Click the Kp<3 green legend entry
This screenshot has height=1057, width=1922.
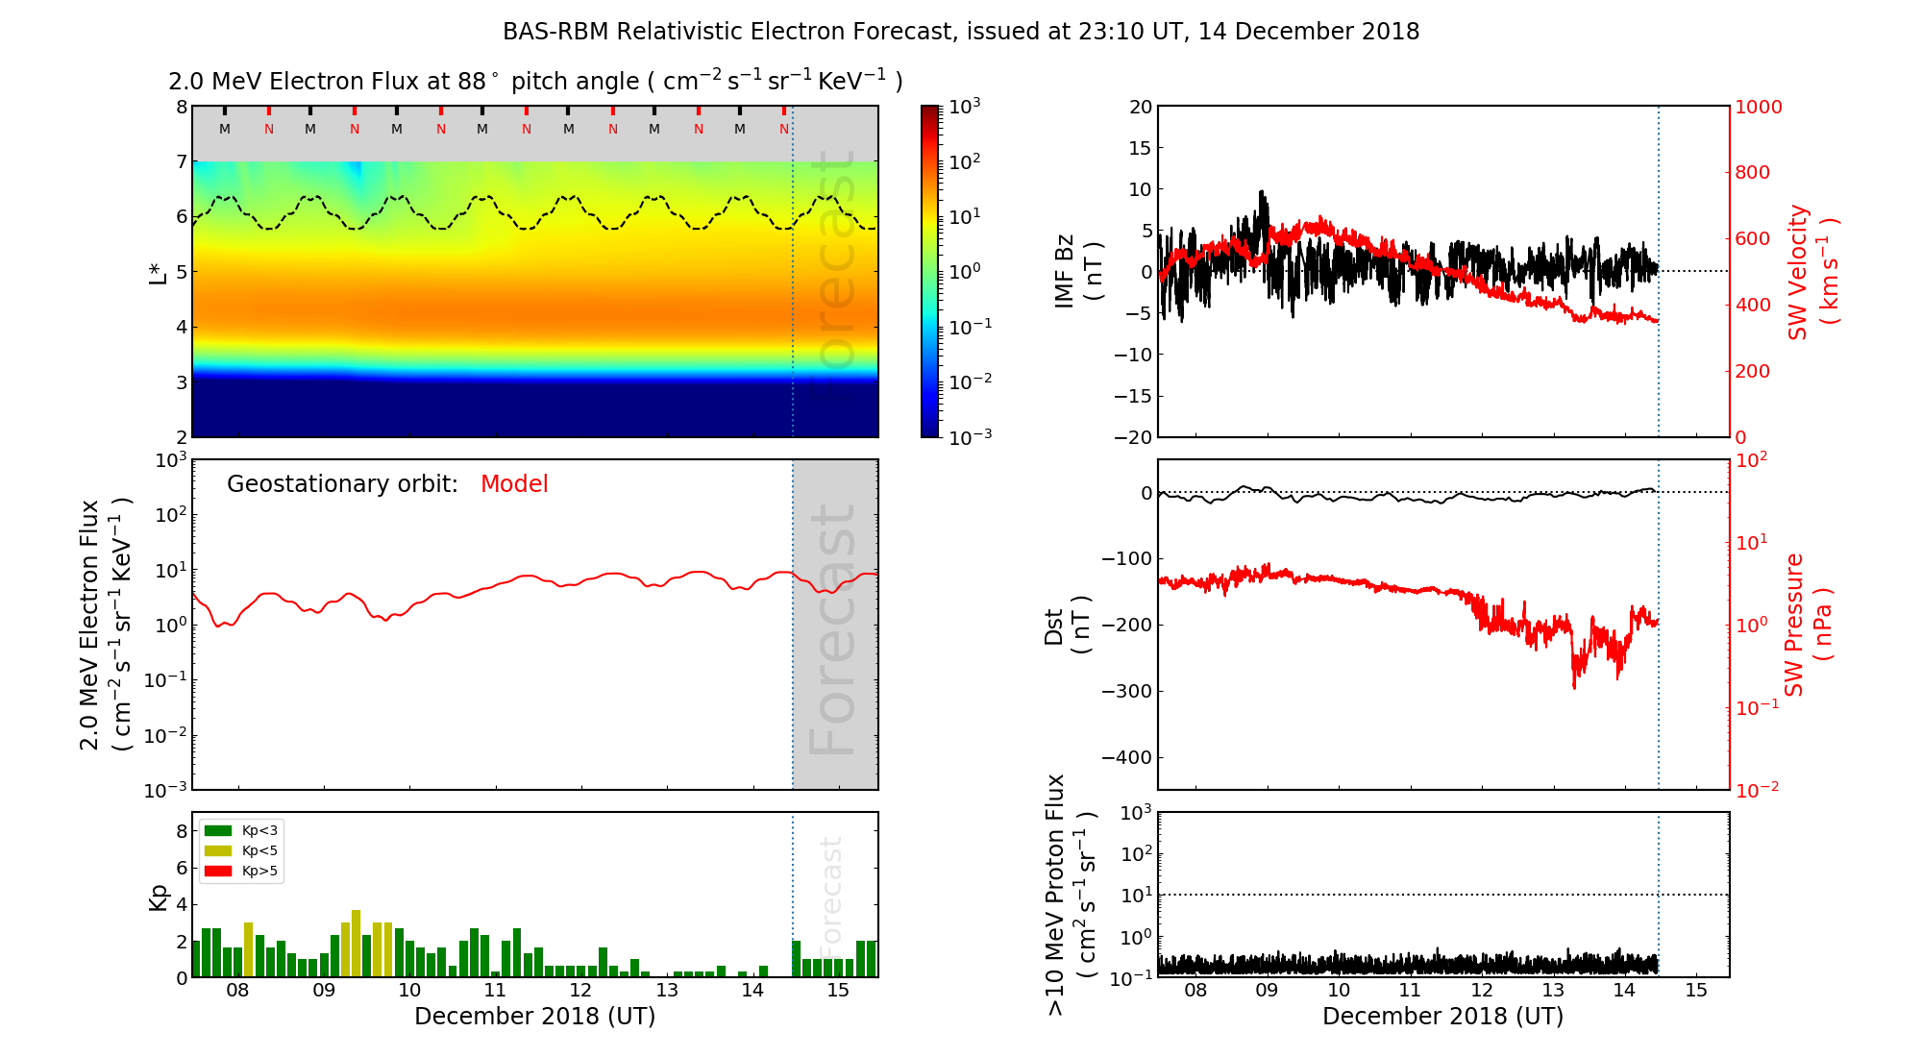(x=240, y=830)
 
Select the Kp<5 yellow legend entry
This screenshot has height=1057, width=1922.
(x=240, y=850)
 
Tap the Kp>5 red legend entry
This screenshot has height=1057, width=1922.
(x=240, y=872)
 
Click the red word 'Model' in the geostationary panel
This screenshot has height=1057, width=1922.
(x=514, y=484)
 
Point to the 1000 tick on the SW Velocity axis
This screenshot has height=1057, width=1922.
(x=1758, y=107)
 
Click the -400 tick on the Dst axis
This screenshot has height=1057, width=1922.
(x=1126, y=757)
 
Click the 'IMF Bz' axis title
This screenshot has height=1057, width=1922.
(x=1065, y=271)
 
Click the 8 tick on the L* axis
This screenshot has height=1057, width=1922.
(x=182, y=107)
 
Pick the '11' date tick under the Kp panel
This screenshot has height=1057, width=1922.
(x=494, y=991)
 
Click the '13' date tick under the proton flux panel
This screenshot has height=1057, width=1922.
(x=1552, y=991)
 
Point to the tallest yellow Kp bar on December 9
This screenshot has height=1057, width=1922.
(x=356, y=942)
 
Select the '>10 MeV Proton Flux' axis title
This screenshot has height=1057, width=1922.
(x=1055, y=895)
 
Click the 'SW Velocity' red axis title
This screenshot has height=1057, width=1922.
(x=1798, y=272)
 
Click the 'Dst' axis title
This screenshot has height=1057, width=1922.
(x=1054, y=625)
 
